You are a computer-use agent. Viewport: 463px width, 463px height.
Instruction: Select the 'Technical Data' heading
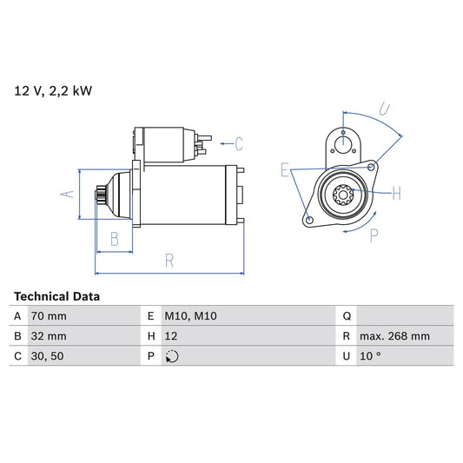tap(56, 296)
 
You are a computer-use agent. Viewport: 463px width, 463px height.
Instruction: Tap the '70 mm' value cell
tap(48, 316)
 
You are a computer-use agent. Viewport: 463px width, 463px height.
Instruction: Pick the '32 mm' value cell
tap(48, 336)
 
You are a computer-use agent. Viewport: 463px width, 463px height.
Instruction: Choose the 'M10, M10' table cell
tap(191, 316)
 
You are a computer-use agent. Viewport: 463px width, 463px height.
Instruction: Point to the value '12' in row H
tap(171, 336)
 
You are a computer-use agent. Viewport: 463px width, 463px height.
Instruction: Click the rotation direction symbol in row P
tap(171, 356)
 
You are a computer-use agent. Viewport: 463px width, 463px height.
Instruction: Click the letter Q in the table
tap(347, 316)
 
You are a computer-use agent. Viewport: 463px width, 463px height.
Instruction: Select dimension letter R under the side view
tap(169, 259)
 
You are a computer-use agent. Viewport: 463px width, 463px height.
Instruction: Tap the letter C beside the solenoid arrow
tap(239, 143)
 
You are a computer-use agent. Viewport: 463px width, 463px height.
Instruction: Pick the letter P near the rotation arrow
tap(374, 235)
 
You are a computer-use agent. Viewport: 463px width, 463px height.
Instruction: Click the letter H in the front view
tap(396, 192)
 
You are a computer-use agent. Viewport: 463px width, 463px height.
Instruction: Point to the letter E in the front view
tap(284, 171)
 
